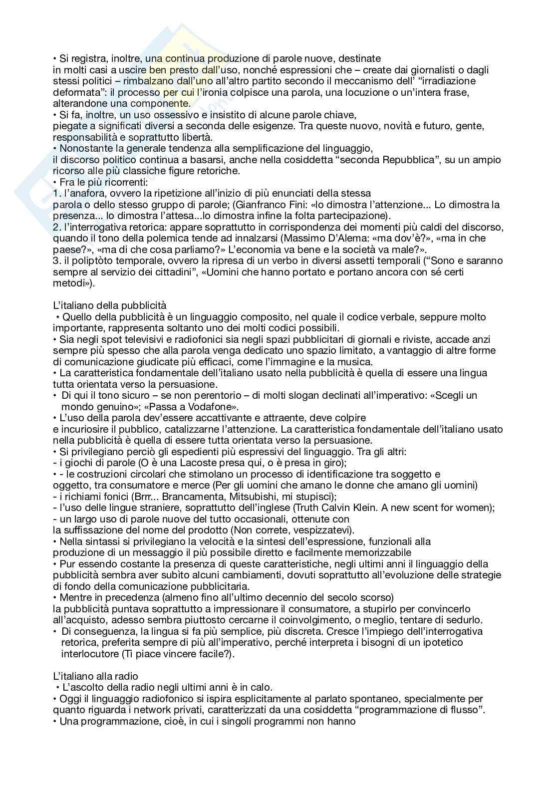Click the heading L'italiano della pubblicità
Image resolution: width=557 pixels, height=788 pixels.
coord(109,305)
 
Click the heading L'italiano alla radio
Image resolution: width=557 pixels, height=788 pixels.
coord(95,676)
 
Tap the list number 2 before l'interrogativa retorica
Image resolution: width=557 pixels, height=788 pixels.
coord(55,227)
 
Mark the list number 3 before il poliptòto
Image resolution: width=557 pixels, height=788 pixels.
coord(55,261)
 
